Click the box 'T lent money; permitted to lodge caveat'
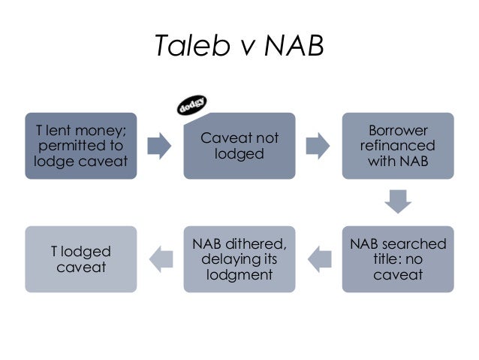tap(81, 146)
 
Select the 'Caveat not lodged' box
tap(239, 146)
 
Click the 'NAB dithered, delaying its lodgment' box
tap(239, 259)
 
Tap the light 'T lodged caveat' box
tap(81, 259)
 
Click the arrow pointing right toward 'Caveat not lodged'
tap(160, 146)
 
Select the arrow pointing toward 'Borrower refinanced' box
tap(318, 146)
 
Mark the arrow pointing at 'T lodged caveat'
tap(160, 259)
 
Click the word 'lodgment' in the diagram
tap(239, 275)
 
